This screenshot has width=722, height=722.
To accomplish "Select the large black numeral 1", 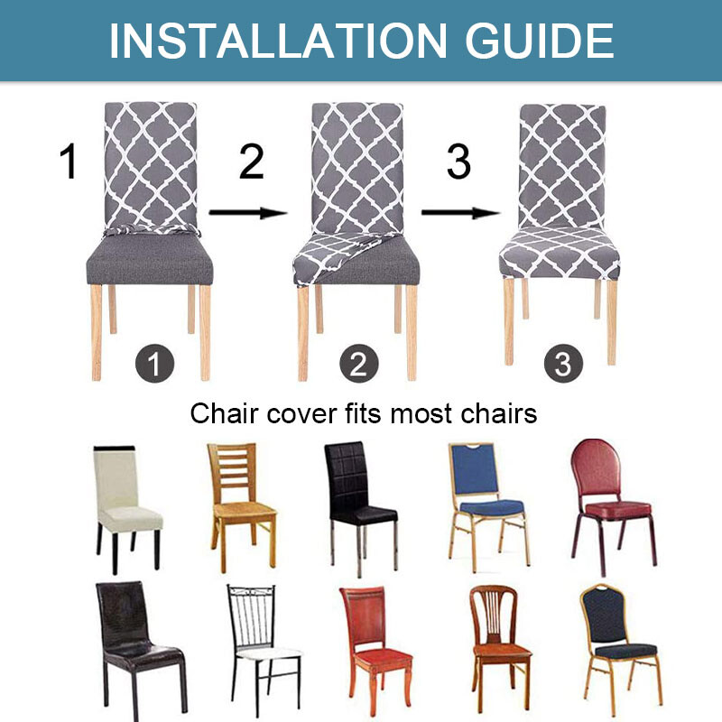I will pos(69,162).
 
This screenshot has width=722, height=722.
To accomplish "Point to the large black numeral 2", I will pos(251,162).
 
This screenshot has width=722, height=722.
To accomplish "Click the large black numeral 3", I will pos(458,162).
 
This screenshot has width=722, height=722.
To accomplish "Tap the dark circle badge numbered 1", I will pos(153,365).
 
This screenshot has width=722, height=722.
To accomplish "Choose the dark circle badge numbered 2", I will pos(358,365).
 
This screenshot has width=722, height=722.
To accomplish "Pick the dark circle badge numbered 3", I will pos(563,365).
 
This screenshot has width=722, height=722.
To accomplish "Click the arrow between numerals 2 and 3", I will pos(247,213).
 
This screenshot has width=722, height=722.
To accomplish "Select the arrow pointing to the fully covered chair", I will pos(459,213).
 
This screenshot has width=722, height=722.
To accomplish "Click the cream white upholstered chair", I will pos(127,506).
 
